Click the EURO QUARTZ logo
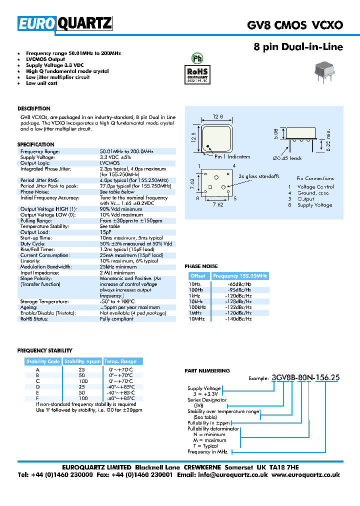pyautogui.click(x=65, y=23)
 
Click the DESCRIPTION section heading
pyautogui.click(x=34, y=108)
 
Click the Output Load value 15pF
pyautogui.click(x=105, y=232)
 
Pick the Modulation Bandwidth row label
pyautogui.click(x=46, y=267)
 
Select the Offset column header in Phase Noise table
pyautogui.click(x=198, y=276)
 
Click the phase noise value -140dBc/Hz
pyautogui.click(x=238, y=318)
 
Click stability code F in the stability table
pyautogui.click(x=37, y=398)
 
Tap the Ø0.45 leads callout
pyautogui.click(x=287, y=158)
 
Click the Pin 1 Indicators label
pyautogui.click(x=232, y=156)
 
